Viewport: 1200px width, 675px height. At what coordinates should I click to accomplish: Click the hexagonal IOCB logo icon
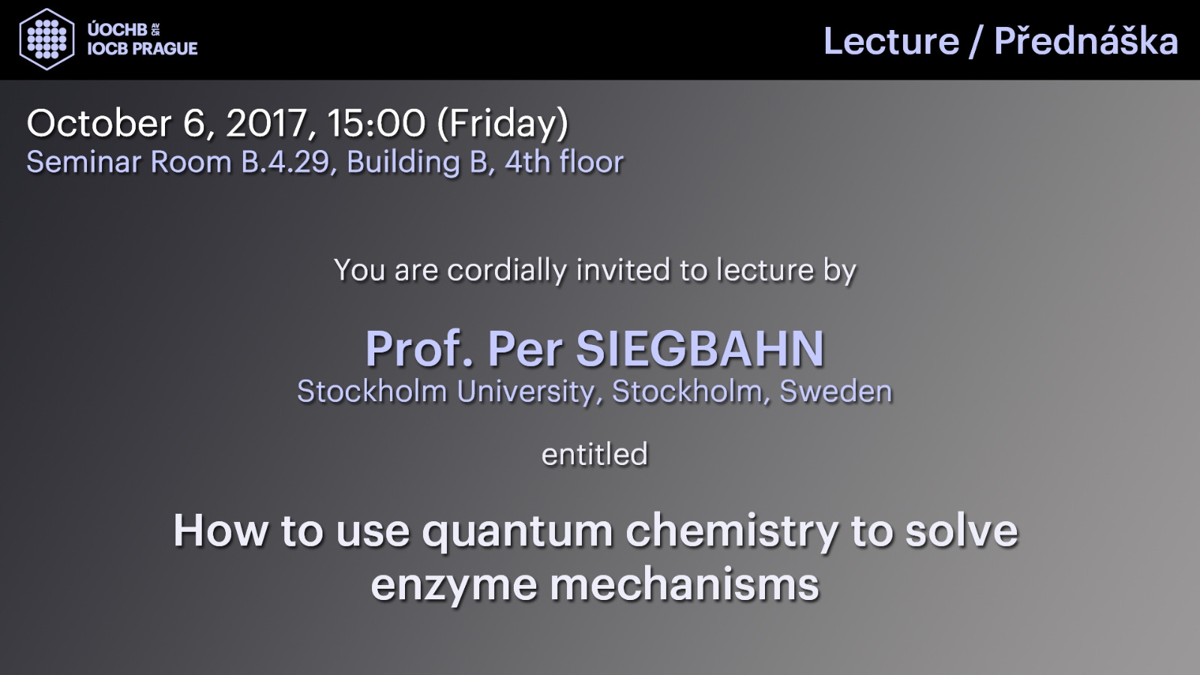(x=46, y=39)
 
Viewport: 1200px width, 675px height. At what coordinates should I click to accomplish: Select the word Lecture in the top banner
(x=891, y=41)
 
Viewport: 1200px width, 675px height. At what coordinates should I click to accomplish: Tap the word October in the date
(x=99, y=123)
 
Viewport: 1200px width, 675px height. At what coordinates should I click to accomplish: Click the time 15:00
(x=376, y=123)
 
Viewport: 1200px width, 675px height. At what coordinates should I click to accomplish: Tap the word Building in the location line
(x=403, y=163)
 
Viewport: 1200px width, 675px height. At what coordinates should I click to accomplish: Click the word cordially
(x=507, y=271)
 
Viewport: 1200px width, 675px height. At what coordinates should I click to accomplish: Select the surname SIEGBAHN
(x=700, y=349)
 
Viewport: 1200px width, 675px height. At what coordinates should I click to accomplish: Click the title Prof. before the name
(x=419, y=349)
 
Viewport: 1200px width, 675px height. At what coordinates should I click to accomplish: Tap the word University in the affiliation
(x=526, y=391)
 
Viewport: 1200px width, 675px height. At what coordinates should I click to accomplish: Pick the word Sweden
(x=835, y=391)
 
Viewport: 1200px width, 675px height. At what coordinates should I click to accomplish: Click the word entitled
(x=595, y=454)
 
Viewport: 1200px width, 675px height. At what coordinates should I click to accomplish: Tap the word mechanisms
(x=685, y=584)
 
